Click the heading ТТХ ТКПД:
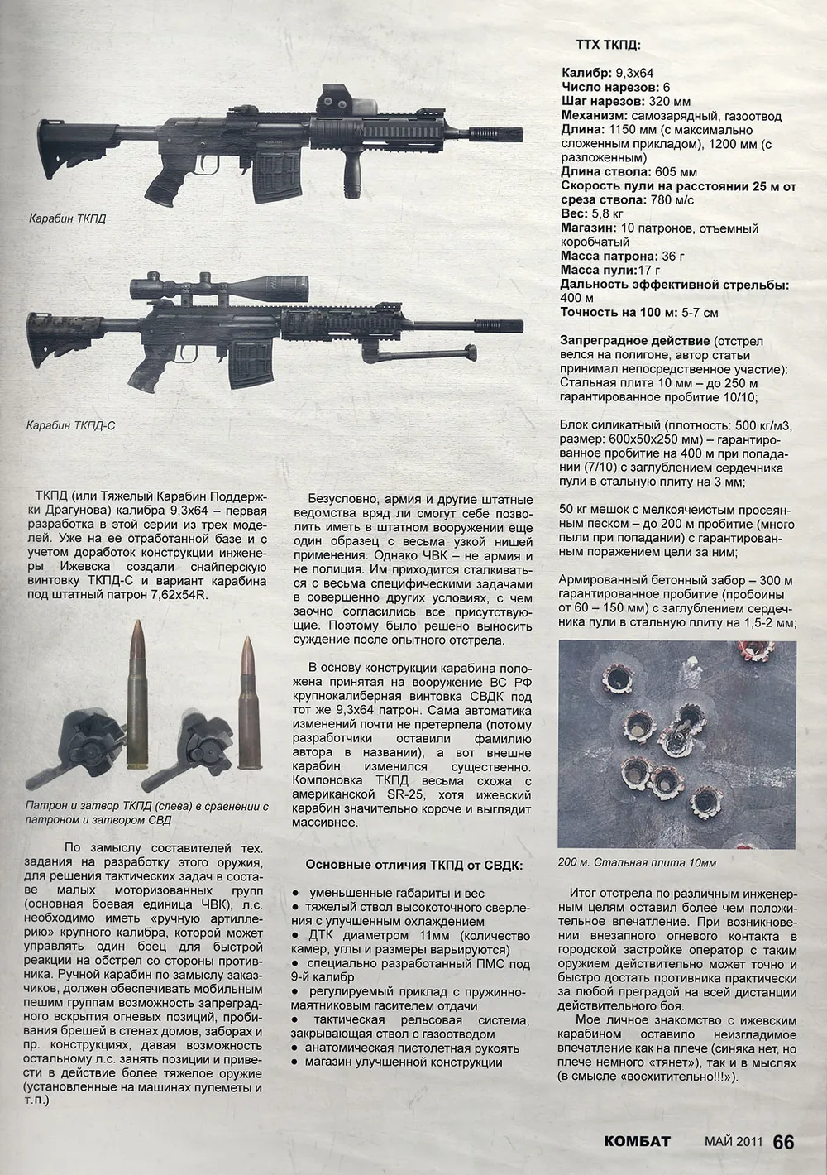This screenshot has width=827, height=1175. point(607,46)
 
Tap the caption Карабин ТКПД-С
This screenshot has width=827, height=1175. point(69,425)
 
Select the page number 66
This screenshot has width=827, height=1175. point(783,1141)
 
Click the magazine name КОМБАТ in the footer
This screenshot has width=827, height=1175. point(637,1141)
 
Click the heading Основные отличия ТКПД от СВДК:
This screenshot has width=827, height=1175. point(413,865)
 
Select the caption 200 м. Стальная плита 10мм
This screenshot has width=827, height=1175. point(637,862)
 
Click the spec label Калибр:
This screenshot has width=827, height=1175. point(586,73)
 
